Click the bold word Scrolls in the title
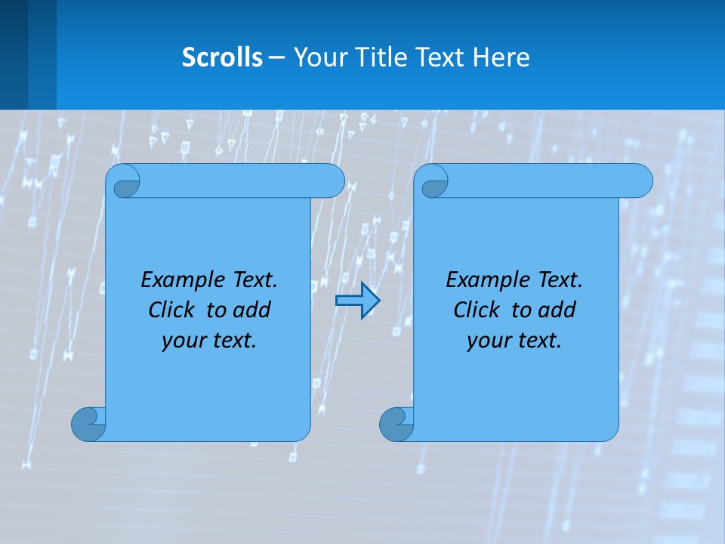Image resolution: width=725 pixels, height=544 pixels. [x=223, y=57]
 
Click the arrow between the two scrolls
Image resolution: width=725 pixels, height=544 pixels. [x=357, y=301]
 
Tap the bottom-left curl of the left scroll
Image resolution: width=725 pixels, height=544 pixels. [x=88, y=424]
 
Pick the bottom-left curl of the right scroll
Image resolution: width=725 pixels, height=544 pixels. [x=396, y=424]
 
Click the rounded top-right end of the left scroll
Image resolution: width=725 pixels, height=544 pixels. [x=332, y=181]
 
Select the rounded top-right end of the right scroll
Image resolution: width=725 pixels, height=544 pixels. [x=640, y=181]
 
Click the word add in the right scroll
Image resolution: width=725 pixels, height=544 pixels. [x=558, y=311]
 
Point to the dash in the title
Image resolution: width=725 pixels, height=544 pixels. [x=276, y=57]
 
